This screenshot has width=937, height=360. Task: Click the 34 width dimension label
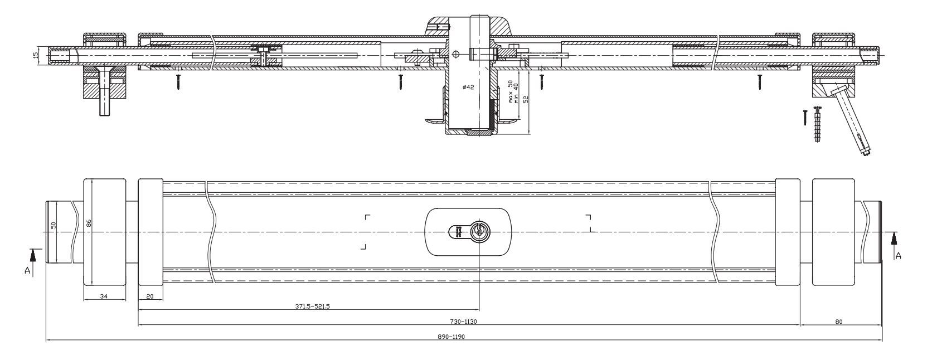click(104, 296)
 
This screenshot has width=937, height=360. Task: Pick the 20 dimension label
click(149, 296)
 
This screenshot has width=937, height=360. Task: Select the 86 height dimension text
click(89, 223)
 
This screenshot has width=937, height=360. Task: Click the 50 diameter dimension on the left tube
click(54, 225)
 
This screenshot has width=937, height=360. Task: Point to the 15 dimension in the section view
click(35, 56)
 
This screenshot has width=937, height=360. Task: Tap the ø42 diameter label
click(468, 87)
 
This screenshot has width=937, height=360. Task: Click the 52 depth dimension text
click(525, 99)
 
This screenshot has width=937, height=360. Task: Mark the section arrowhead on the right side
click(894, 238)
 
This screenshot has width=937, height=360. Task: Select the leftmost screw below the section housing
click(178, 82)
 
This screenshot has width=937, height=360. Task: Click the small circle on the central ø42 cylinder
click(456, 54)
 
